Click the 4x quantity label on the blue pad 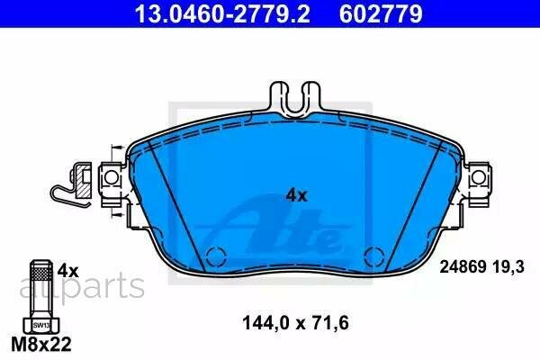coord(296,194)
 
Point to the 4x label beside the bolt coord(68,269)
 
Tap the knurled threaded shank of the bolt coord(40,286)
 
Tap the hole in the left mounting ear coord(113,178)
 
